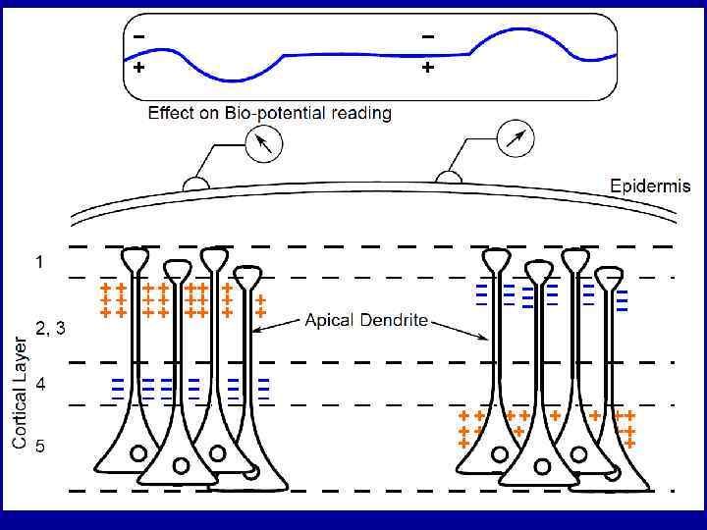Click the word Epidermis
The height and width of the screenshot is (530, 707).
tap(650, 185)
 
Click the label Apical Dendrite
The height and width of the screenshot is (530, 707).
tap(366, 321)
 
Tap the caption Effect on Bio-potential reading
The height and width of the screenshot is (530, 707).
tap(269, 113)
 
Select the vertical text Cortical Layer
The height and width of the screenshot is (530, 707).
tap(21, 393)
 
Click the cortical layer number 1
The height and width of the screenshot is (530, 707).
tap(39, 263)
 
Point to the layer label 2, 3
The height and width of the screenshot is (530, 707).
tap(51, 330)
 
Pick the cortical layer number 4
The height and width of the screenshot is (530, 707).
tap(40, 385)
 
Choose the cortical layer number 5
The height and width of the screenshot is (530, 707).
tap(40, 447)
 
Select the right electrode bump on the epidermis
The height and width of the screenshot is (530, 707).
tap(449, 177)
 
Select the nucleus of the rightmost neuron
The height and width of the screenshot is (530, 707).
tap(615, 472)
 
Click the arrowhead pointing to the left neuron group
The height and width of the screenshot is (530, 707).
tap(258, 328)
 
